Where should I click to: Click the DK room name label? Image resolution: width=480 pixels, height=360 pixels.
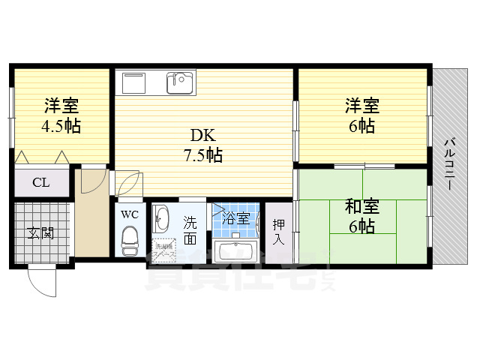click(202, 136)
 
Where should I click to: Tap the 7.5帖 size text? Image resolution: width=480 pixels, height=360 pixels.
click(202, 156)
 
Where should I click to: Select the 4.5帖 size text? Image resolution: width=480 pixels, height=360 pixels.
click(61, 125)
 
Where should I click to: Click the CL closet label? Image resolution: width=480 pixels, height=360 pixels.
click(41, 182)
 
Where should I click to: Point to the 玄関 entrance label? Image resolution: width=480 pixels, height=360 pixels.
click(41, 232)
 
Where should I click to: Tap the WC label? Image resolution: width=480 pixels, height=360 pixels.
click(130, 214)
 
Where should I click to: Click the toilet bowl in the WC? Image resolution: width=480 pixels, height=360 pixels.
click(130, 241)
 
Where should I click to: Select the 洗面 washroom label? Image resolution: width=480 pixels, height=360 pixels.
click(190, 230)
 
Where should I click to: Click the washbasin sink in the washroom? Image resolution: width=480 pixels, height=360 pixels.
click(163, 220)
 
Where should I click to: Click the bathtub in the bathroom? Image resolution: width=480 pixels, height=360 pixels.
click(236, 250)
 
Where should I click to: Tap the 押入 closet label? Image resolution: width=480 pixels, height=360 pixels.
click(278, 231)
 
